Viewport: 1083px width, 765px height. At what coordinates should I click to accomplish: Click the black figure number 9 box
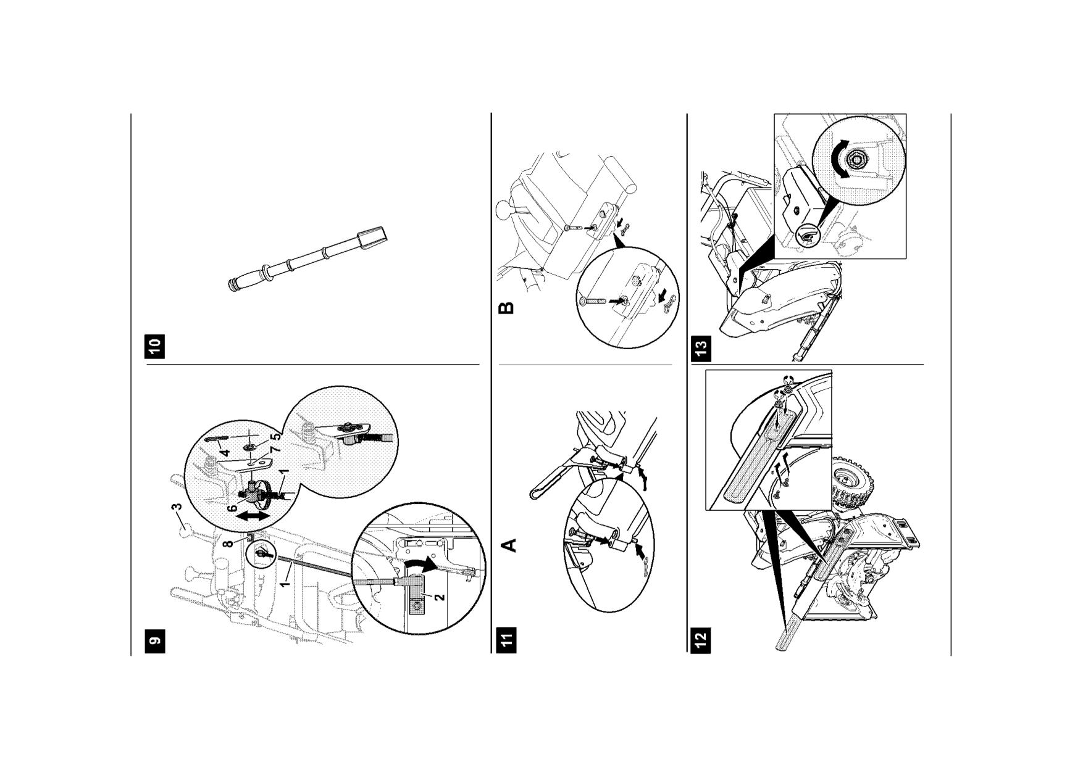[x=156, y=640]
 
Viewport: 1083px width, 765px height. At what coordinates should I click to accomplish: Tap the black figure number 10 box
[x=155, y=346]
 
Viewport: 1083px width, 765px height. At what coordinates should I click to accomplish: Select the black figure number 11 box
[x=508, y=640]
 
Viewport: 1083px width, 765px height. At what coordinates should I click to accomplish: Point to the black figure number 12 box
[x=701, y=640]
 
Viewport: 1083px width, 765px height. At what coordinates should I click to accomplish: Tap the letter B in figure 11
[x=506, y=307]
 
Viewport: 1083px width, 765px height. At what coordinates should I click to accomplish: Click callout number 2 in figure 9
[x=439, y=597]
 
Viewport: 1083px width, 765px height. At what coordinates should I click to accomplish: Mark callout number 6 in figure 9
[x=233, y=508]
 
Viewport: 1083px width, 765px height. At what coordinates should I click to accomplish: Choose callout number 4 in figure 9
[x=225, y=452]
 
